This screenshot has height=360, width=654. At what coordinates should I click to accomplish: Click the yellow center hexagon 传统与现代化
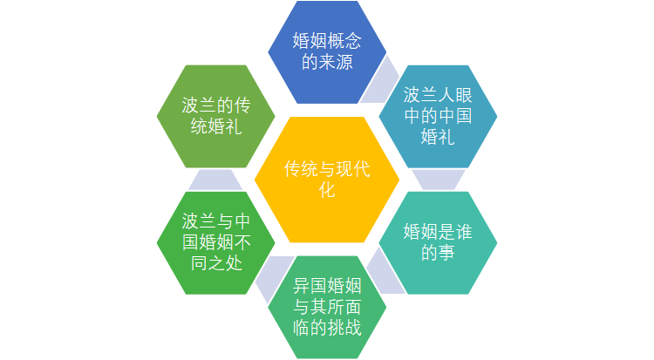[327, 180]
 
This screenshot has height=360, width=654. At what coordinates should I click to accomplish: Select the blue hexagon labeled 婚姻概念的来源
[327, 52]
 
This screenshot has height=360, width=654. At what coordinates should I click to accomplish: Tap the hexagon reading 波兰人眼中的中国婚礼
[438, 117]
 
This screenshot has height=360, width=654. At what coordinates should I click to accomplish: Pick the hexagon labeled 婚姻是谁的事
[438, 243]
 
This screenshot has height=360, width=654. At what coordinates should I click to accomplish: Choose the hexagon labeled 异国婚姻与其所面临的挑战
[327, 307]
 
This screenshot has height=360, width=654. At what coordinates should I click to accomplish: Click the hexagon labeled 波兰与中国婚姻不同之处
[216, 243]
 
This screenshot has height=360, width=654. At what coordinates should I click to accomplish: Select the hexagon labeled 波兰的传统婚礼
[216, 117]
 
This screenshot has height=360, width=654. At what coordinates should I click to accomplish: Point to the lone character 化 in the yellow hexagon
[327, 190]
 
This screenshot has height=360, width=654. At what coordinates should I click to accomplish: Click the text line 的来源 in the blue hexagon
[327, 62]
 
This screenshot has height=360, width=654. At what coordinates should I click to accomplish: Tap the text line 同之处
[216, 263]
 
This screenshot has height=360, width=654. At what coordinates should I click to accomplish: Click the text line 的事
[438, 253]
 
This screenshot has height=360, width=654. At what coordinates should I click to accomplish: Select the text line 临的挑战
[327, 328]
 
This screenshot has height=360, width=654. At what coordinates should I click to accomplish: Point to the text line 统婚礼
[216, 126]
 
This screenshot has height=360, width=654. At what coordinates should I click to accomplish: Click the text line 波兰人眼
[438, 96]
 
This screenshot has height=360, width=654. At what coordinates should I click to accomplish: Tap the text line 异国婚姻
[327, 286]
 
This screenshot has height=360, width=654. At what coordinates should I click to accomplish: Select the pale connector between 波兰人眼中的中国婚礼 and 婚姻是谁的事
[439, 180]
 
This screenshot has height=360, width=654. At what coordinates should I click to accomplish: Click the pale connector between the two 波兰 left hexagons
[215, 180]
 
